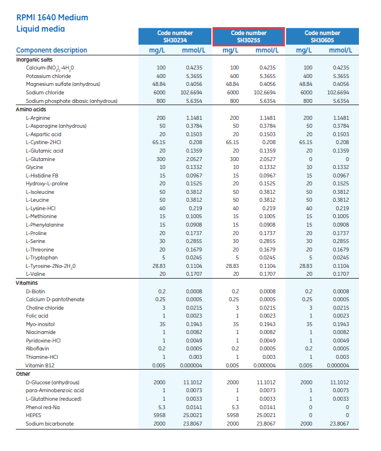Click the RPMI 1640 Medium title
coord(53,17)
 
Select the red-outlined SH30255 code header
coord(249,37)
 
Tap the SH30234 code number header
coord(175,37)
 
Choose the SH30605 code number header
coord(322,37)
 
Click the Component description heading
coord(51,50)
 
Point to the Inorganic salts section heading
coord(34,59)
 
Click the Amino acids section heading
coord(31,109)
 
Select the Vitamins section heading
coord(27,283)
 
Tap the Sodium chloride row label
coord(45,93)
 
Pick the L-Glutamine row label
coord(41,159)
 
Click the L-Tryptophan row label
coord(42,258)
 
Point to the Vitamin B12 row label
coord(41,366)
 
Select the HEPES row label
coord(34,415)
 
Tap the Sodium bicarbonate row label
coord(50,424)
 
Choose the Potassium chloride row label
coord(48,76)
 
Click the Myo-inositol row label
coord(41,324)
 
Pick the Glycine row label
coord(34,167)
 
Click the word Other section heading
coord(23,374)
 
